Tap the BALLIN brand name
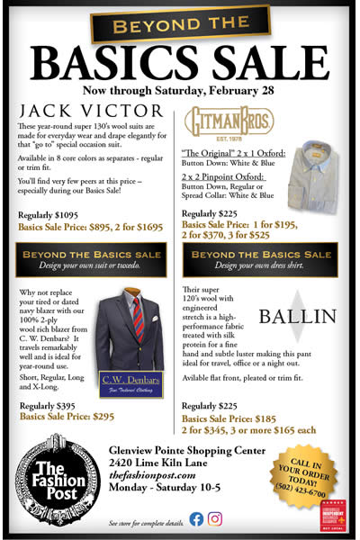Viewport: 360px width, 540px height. click(x=301, y=316)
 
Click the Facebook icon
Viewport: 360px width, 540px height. click(x=196, y=518)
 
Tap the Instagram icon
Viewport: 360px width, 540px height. click(x=216, y=518)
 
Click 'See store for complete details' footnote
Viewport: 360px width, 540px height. click(x=143, y=523)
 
